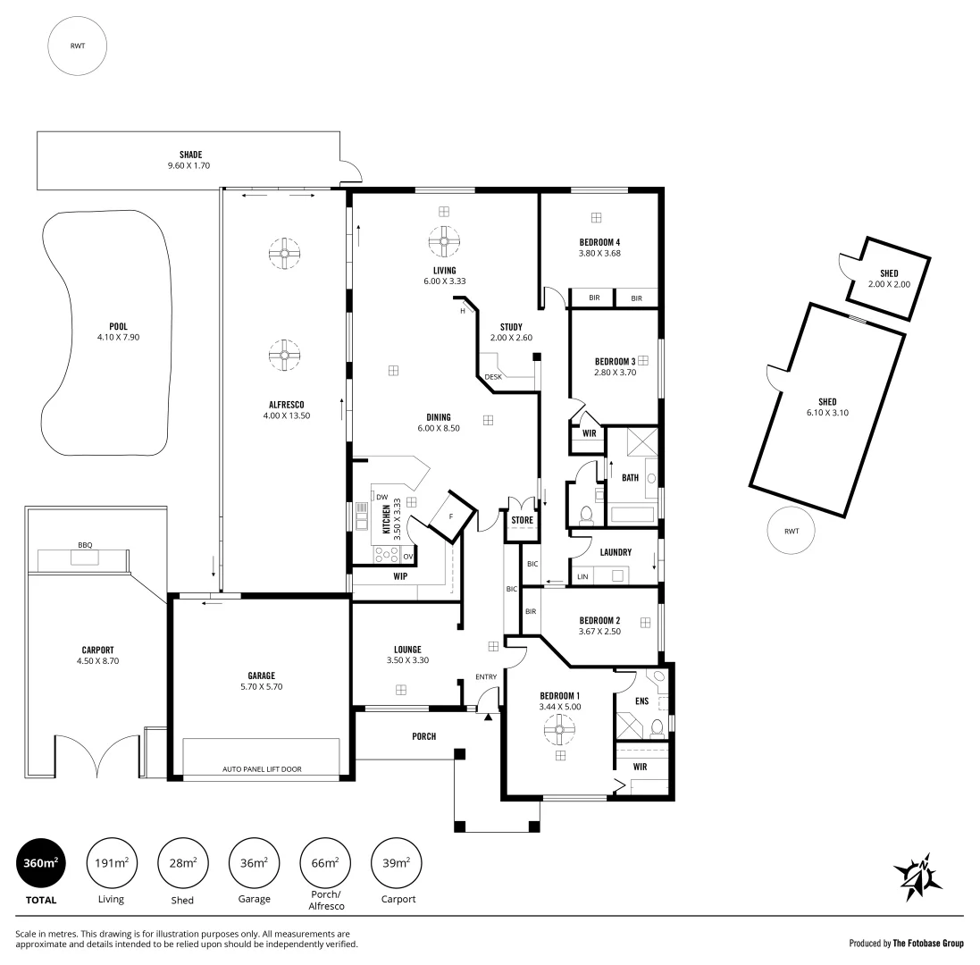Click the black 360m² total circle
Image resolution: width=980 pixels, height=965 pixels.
(x=42, y=863)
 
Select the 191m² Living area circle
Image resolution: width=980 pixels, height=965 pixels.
(x=113, y=863)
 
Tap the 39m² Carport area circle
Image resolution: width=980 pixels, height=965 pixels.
(x=397, y=863)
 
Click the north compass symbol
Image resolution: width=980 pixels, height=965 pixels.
(x=917, y=876)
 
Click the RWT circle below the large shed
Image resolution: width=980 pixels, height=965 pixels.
(x=792, y=531)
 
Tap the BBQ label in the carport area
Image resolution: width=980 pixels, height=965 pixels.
(x=85, y=544)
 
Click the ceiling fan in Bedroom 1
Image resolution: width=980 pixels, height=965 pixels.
(x=560, y=732)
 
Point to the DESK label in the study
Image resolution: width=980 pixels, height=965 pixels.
(x=493, y=377)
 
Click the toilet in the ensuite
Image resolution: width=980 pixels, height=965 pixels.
(x=657, y=726)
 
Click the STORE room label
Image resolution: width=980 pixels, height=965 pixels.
(x=522, y=519)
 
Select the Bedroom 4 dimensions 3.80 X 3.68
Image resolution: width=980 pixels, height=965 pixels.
(x=599, y=253)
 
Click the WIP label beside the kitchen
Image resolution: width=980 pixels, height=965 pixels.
(x=400, y=576)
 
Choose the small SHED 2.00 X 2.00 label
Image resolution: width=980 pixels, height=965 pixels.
(x=888, y=284)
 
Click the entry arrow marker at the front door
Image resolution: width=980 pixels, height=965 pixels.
(x=489, y=716)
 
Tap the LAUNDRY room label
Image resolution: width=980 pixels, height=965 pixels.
(x=616, y=552)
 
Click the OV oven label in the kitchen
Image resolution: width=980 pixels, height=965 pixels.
(x=407, y=556)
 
